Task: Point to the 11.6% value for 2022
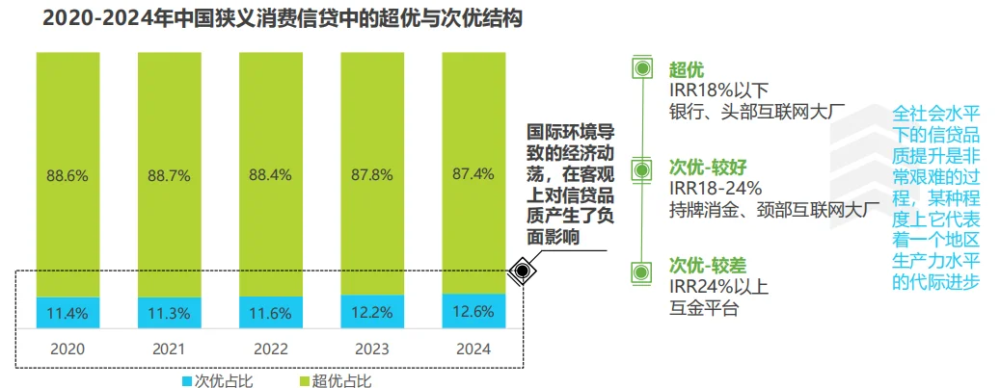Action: [270, 312]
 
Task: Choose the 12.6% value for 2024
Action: [473, 311]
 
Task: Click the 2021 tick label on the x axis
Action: [169, 349]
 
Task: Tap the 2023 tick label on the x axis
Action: [371, 349]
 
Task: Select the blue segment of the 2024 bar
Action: [473, 310]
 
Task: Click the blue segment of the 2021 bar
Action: [169, 312]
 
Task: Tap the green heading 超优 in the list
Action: [687, 68]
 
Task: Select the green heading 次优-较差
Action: [709, 264]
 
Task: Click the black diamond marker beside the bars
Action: [522, 272]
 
